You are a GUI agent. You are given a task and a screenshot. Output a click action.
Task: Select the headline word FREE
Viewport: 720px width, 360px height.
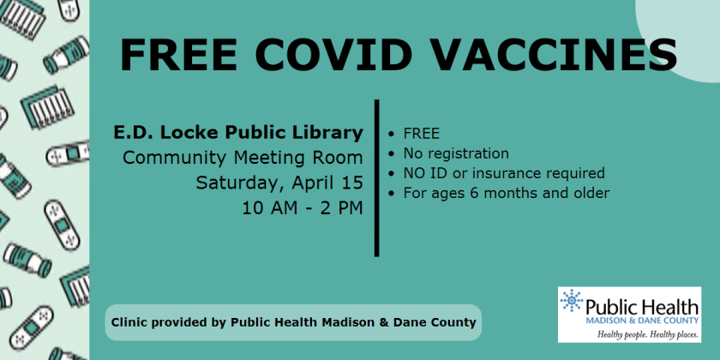click(x=179, y=55)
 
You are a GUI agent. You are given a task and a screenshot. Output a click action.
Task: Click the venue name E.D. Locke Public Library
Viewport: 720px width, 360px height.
click(x=238, y=133)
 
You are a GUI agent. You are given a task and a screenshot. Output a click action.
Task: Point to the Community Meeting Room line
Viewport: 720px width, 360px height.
click(x=243, y=158)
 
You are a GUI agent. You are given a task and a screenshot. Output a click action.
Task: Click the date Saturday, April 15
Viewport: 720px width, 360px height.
click(x=279, y=183)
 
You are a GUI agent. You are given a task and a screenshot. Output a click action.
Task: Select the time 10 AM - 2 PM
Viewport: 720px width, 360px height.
click(x=303, y=208)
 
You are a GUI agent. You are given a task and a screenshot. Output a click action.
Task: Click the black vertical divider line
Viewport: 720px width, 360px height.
click(x=376, y=177)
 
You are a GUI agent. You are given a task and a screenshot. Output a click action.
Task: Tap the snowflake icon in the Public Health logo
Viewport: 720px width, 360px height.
click(x=572, y=301)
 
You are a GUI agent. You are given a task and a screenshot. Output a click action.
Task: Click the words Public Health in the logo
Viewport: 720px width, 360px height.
click(x=642, y=306)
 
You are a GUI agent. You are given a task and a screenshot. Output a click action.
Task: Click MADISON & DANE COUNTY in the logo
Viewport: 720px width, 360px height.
click(x=642, y=320)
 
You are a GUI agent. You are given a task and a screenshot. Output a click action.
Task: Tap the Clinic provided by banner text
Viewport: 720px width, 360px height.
click(x=293, y=322)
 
